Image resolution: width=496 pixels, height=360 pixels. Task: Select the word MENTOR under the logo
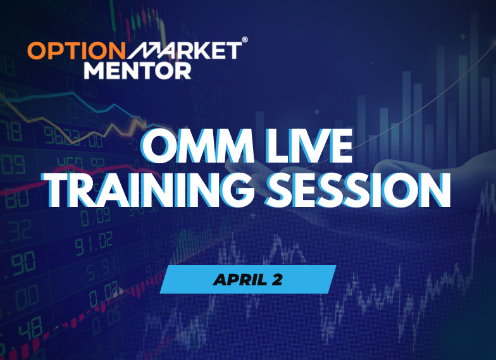click(137, 70)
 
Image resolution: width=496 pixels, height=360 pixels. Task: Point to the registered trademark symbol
click(245, 39)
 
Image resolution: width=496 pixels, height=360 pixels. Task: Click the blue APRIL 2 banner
click(247, 279)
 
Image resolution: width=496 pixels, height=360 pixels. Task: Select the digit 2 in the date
click(276, 279)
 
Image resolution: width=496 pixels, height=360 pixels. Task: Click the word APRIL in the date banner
click(239, 279)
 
